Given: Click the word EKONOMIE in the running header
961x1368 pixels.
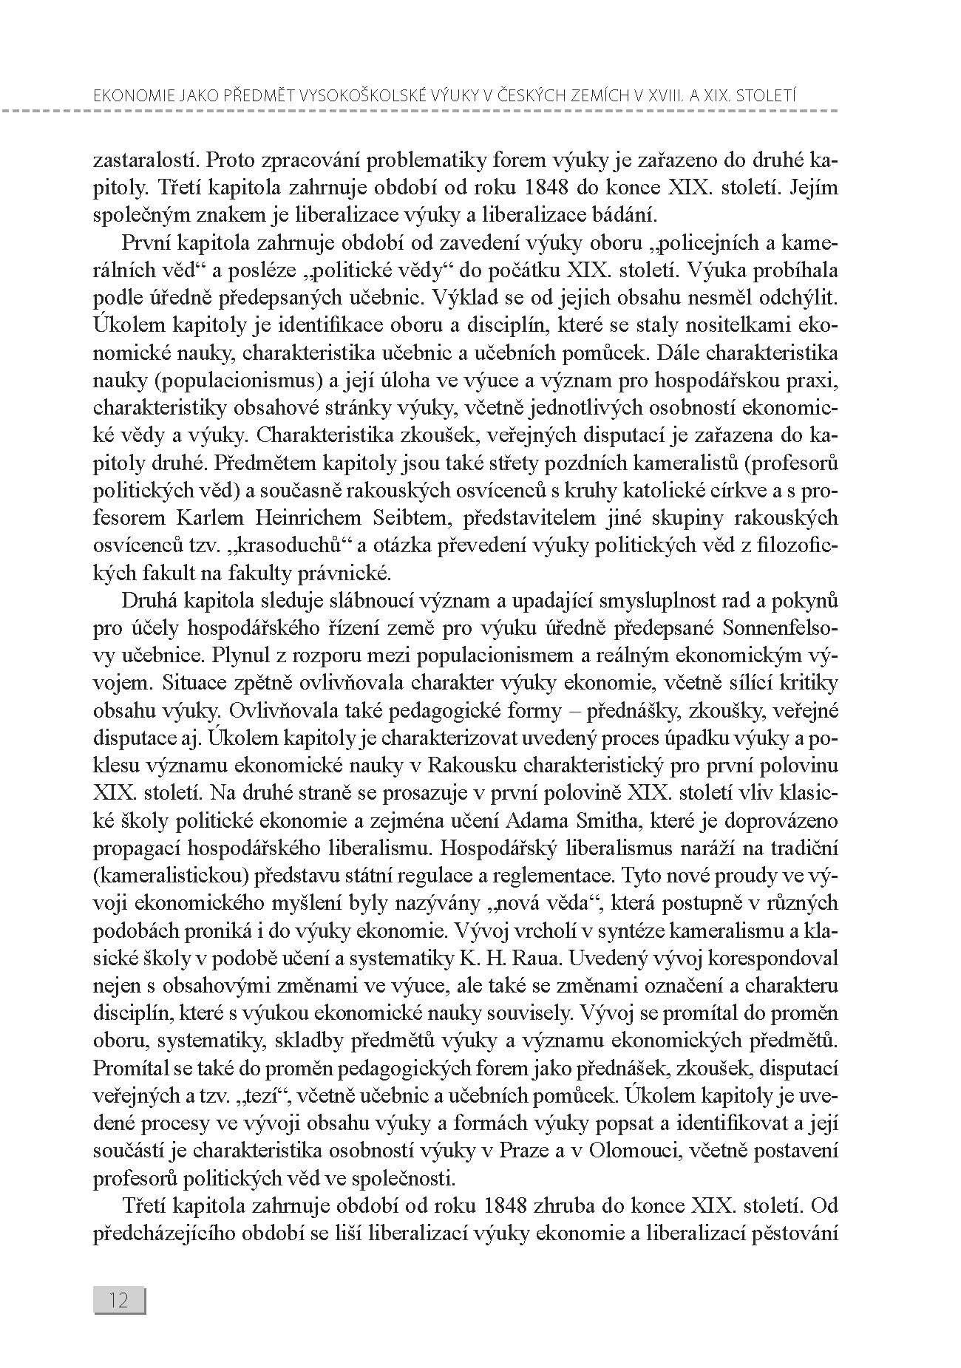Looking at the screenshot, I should (126, 95).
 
